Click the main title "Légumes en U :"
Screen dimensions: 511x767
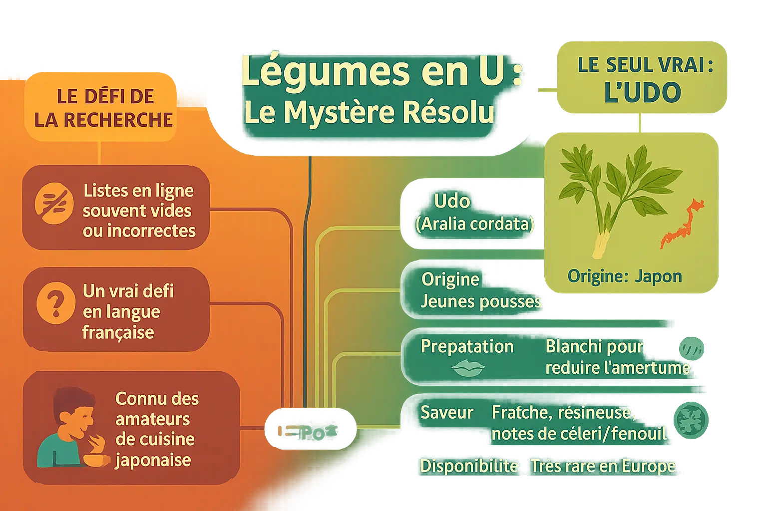click(382, 71)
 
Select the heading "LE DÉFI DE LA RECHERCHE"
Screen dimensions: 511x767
click(104, 108)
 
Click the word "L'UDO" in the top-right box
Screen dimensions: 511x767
click(642, 92)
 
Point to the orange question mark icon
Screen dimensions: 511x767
click(55, 302)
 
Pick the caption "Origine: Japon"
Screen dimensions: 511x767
click(624, 276)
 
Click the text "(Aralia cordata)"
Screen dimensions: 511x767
click(474, 224)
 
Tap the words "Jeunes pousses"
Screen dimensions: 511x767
click(480, 301)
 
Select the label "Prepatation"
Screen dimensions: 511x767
click(467, 346)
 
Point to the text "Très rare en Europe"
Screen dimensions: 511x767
click(603, 466)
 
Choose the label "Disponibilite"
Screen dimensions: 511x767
click(469, 466)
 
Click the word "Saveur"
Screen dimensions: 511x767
click(446, 413)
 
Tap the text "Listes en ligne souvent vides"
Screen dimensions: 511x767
click(138, 201)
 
